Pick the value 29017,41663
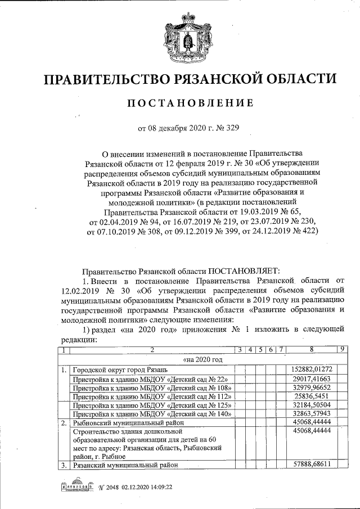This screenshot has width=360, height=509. click(x=311, y=379)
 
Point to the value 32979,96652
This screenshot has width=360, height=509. click(x=311, y=388)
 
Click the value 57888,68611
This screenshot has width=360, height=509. click(x=311, y=465)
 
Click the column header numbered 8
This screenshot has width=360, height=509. click(x=311, y=350)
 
